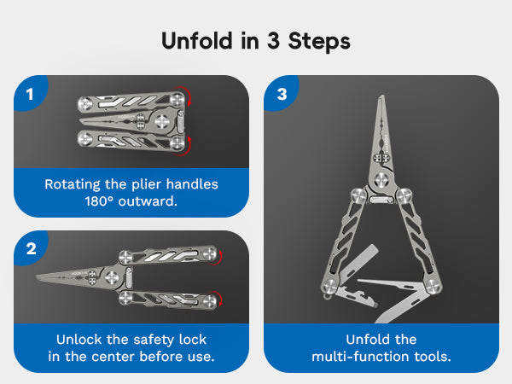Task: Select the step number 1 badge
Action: (x=31, y=94)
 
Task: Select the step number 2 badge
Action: (x=31, y=249)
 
